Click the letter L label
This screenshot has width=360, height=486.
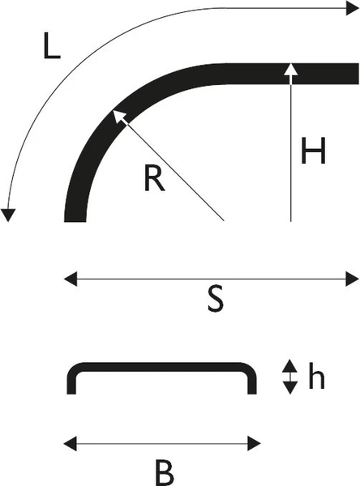pos(52,45)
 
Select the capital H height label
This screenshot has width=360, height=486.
pos(313,151)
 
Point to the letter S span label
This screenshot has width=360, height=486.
pos(216,298)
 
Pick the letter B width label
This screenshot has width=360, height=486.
pos(165,473)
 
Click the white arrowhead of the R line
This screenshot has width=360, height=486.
pos(119,117)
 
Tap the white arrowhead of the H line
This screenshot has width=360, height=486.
pos(291,69)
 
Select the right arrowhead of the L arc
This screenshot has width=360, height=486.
pos(352,8)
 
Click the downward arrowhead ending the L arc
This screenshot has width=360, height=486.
pos(8,215)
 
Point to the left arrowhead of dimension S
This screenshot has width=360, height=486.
pos(71,279)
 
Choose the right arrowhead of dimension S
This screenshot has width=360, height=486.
pos(352,279)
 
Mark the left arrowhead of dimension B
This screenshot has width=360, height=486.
pos(71,444)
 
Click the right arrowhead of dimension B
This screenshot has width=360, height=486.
pos(254,444)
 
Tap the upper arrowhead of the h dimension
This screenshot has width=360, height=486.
pos(289,366)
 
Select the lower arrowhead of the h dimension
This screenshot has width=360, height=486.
pos(289,388)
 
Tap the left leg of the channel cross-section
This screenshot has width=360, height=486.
pos(71,383)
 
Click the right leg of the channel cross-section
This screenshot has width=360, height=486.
pos(252,383)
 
